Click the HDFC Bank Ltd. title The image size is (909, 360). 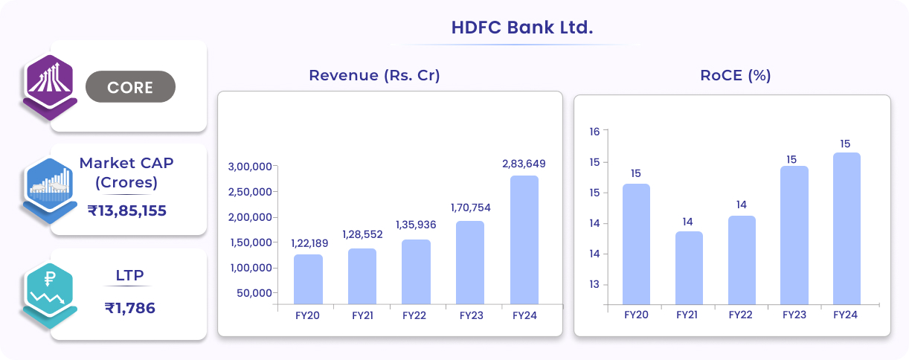pos(521,28)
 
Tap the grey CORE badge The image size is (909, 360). pos(130,87)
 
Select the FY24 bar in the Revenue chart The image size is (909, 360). pos(524,240)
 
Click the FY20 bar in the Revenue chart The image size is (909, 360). pos(308,280)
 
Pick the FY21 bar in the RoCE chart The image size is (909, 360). pos(688,268)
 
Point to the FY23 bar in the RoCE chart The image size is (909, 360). pos(794,235)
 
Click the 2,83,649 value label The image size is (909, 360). pos(524,164)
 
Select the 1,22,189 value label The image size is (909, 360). pos(308,242)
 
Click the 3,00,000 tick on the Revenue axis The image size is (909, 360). pos(250,167)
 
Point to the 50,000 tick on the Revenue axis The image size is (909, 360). pos(254,293)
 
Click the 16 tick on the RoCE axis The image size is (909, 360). pos(594,132)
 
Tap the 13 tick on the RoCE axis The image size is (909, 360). pos(594,285)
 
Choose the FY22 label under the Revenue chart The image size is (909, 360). pos(414,315)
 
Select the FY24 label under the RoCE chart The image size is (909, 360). pos(846,315)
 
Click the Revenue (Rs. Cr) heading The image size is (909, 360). pos(375,76)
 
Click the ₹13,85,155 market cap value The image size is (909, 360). pos(127,210)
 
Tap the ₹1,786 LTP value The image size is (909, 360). pos(129,307)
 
